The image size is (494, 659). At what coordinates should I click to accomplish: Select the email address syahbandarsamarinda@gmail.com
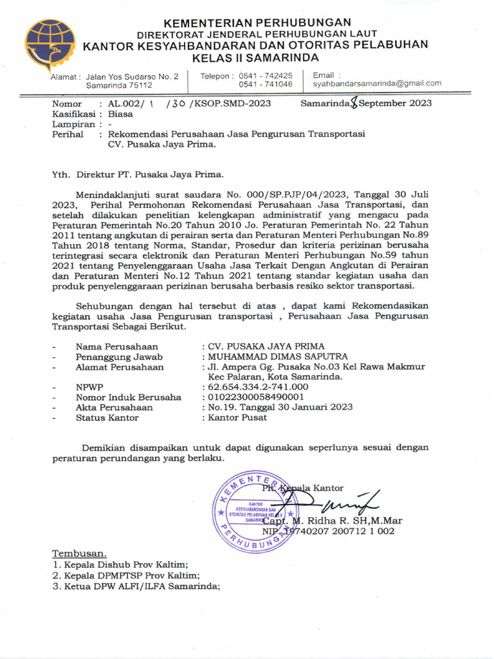[x=377, y=84]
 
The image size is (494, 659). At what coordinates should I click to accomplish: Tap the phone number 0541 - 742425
[x=266, y=75]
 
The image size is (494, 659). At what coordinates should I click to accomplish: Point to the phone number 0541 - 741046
[x=266, y=84]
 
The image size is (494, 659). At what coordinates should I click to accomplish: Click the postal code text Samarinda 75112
[x=119, y=85]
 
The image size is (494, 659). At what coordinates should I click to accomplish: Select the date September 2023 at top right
[x=395, y=103]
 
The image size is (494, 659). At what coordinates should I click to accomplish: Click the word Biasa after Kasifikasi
[x=121, y=113]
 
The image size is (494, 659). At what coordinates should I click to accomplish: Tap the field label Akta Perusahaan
[x=114, y=407]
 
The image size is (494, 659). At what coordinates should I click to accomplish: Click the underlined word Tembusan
[x=79, y=553]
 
